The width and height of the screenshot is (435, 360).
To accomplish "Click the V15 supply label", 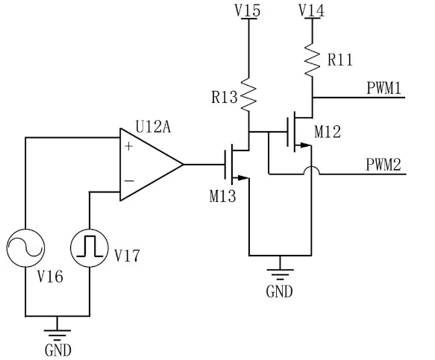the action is [x=248, y=10].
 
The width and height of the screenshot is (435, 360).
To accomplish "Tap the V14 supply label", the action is [x=312, y=10].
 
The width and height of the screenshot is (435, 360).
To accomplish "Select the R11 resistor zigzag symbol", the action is [x=313, y=59].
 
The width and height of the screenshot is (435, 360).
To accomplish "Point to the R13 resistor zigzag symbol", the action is [x=248, y=95].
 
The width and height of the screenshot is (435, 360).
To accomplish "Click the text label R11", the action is [x=340, y=60].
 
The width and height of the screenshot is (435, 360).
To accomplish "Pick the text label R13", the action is [x=225, y=98].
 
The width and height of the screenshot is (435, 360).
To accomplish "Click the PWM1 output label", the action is [x=384, y=88].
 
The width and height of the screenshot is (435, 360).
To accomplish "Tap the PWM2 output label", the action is [x=384, y=164].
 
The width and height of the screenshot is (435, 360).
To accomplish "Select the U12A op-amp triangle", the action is [x=151, y=165].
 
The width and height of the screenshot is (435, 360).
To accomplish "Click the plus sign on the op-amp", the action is [x=129, y=146].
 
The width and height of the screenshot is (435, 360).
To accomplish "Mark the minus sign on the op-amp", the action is [x=129, y=181].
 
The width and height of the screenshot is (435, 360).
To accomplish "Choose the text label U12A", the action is [x=153, y=127].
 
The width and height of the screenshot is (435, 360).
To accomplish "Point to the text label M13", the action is [x=223, y=196].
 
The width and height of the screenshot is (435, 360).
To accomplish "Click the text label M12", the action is [x=328, y=132].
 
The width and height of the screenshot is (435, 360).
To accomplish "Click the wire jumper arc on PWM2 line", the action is [x=312, y=170].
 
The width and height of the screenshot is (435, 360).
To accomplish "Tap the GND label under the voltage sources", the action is [x=58, y=350].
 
